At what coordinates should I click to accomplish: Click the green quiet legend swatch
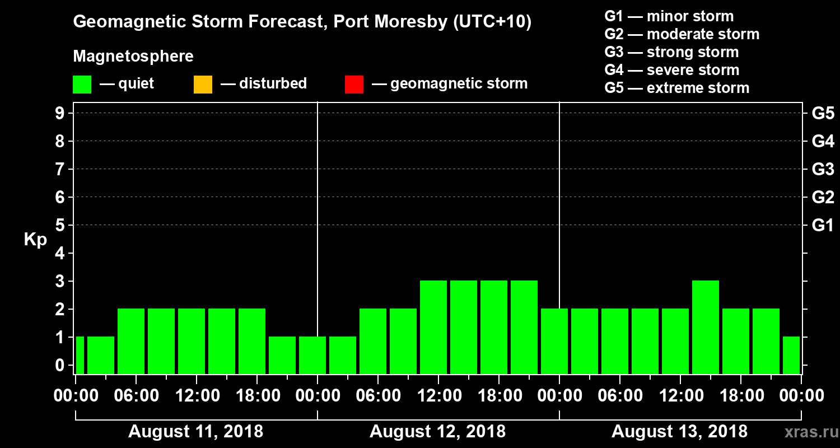(82, 84)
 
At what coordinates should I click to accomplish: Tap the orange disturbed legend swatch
(203, 84)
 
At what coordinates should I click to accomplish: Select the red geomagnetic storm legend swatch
(354, 84)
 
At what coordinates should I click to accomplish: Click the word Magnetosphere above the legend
(133, 57)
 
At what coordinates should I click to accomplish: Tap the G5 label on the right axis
(823, 114)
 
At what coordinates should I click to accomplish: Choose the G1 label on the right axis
(823, 226)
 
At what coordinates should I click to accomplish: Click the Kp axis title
(35, 240)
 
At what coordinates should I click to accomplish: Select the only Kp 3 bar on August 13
(706, 327)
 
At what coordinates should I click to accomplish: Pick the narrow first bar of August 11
(80, 355)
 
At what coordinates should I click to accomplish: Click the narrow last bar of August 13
(791, 355)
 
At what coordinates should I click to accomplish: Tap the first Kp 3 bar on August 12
(433, 327)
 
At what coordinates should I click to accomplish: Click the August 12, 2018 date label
(437, 432)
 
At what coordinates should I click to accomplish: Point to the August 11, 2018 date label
(195, 432)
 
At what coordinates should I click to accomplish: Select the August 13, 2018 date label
(679, 432)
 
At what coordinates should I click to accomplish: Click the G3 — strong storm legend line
(671, 52)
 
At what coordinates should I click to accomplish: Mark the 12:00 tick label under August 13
(679, 395)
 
